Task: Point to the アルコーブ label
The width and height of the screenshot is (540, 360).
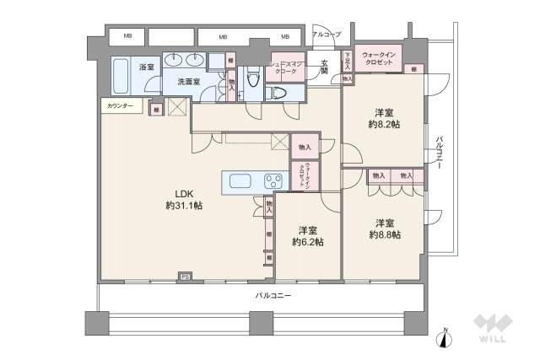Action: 326,35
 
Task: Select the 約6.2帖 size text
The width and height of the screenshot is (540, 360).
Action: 307,236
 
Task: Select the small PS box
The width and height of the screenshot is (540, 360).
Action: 183,276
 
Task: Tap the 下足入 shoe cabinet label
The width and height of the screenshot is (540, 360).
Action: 348,61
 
